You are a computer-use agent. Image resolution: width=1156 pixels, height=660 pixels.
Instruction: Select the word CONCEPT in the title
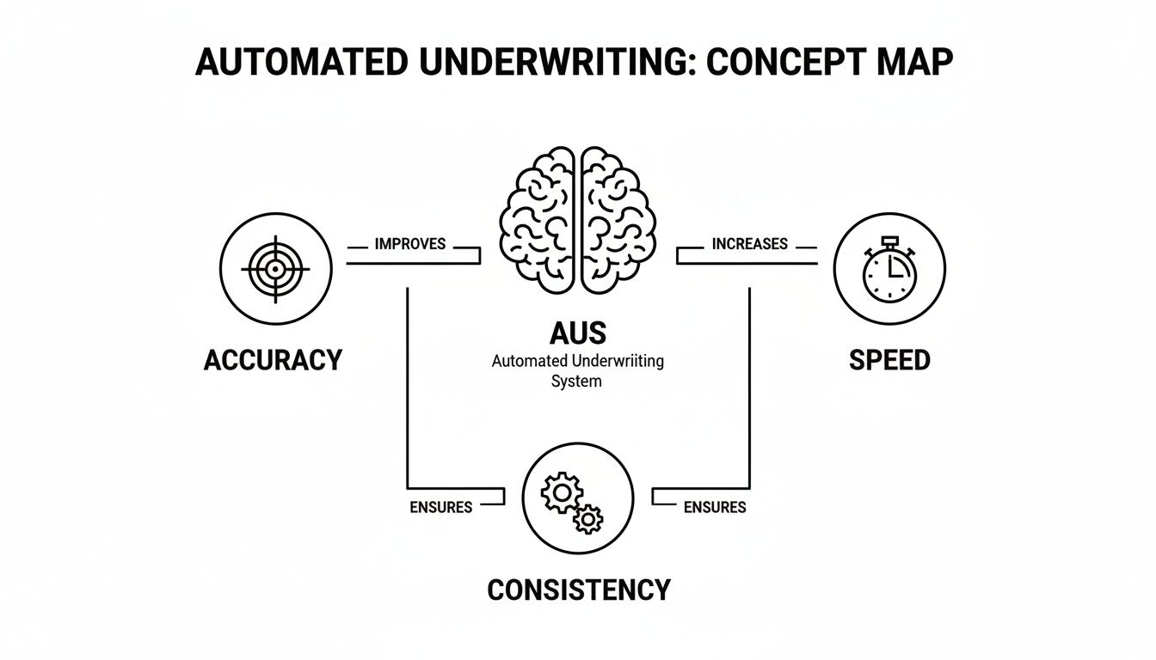pyautogui.click(x=774, y=64)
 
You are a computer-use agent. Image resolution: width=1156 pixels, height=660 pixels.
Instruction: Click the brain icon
pyautogui.click(x=578, y=220)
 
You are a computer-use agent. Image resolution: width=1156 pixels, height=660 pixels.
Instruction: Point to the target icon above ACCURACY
pyautogui.click(x=274, y=269)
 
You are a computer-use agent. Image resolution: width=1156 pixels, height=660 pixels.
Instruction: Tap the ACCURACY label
pyautogui.click(x=273, y=359)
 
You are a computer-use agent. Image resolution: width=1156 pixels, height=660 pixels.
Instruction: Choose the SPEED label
pyautogui.click(x=889, y=359)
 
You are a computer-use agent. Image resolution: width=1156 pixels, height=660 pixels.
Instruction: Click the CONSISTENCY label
pyautogui.click(x=578, y=590)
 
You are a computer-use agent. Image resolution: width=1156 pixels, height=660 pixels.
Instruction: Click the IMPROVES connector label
pyautogui.click(x=410, y=244)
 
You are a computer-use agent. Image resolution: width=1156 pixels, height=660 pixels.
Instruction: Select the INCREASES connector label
pyautogui.click(x=749, y=244)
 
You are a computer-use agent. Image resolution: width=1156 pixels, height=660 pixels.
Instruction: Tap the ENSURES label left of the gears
pyautogui.click(x=440, y=507)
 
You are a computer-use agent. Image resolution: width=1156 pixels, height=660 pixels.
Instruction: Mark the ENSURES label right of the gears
pyautogui.click(x=715, y=507)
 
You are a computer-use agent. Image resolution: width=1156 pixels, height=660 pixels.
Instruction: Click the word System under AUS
pyautogui.click(x=576, y=381)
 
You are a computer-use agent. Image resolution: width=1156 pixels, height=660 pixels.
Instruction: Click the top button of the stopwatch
pyautogui.click(x=889, y=241)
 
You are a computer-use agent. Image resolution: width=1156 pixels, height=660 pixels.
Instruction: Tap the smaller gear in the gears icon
pyautogui.click(x=588, y=518)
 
